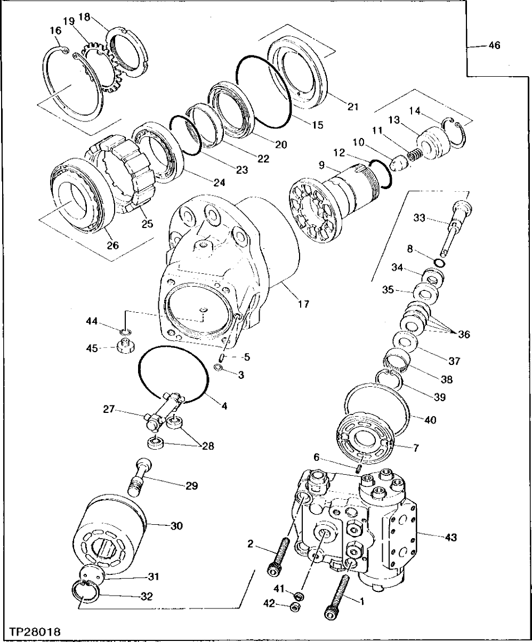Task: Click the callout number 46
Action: tap(494, 46)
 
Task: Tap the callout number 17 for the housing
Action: tap(303, 304)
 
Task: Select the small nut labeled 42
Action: tap(294, 607)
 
